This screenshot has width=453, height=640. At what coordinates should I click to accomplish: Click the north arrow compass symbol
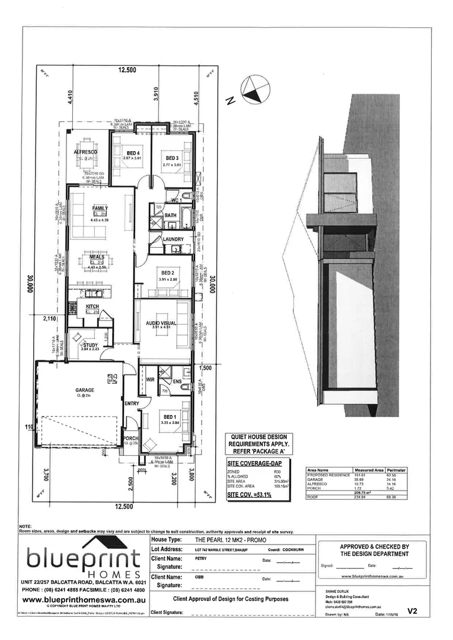pos(256,90)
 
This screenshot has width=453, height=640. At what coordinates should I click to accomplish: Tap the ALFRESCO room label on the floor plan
pos(85,152)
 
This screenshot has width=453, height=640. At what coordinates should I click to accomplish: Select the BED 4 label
pos(132,152)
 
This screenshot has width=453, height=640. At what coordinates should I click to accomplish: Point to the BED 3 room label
pos(173,157)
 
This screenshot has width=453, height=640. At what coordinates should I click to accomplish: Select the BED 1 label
pos(170,417)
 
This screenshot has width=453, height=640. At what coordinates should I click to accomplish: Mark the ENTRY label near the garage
pos(131,404)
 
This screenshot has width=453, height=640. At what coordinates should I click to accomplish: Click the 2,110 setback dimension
pos(50,319)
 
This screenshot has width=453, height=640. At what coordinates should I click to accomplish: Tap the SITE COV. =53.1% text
pos(249,494)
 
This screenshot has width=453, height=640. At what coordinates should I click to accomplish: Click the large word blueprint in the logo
pos(84,558)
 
